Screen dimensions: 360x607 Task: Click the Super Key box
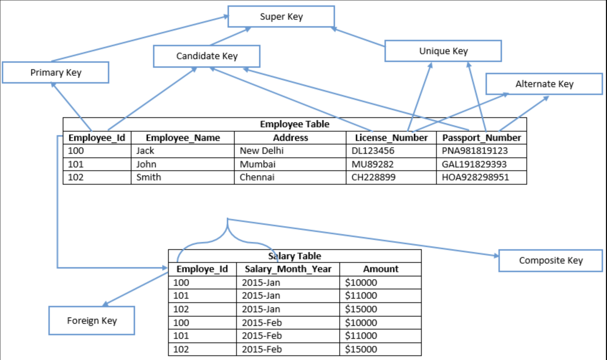click(281, 16)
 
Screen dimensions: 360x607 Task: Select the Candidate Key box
click(207, 56)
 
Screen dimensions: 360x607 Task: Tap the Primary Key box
click(56, 72)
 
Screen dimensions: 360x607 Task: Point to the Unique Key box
click(443, 51)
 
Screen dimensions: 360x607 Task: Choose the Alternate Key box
click(544, 84)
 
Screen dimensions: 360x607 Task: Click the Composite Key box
click(550, 260)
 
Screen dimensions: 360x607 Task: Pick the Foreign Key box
click(92, 321)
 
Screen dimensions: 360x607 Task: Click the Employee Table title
click(295, 124)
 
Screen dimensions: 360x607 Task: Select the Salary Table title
click(295, 256)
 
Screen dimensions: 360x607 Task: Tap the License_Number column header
click(391, 138)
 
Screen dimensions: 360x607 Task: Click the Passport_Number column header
click(481, 138)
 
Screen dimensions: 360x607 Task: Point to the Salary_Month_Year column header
click(288, 269)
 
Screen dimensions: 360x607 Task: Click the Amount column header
click(381, 269)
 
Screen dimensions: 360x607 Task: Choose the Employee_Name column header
click(183, 138)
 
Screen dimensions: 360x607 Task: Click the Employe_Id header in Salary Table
click(202, 269)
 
